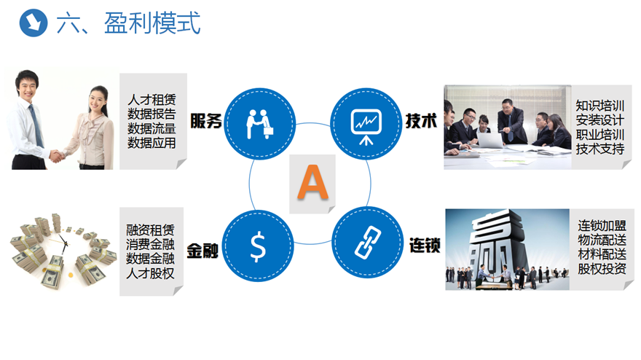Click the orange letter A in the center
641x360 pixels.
click(x=312, y=182)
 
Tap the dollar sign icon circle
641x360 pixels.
click(x=258, y=246)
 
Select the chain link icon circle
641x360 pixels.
click(x=367, y=243)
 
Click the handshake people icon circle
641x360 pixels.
click(x=259, y=124)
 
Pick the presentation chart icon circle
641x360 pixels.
click(x=366, y=124)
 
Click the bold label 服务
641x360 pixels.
click(x=205, y=121)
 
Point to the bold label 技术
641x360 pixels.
click(x=421, y=121)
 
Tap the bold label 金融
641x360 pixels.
click(x=202, y=251)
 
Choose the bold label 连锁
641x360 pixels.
click(x=425, y=245)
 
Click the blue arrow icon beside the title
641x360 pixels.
click(x=34, y=23)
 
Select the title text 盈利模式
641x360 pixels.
click(x=152, y=23)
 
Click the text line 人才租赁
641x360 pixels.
click(x=152, y=99)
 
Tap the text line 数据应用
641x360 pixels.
click(x=152, y=143)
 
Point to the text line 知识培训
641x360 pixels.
click(x=600, y=106)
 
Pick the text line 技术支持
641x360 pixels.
click(x=600, y=149)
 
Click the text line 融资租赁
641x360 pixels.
click(x=151, y=230)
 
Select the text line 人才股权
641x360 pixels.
click(x=151, y=273)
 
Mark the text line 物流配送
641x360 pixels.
click(x=602, y=240)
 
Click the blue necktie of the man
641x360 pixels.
click(x=36, y=125)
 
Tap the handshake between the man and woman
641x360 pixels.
click(x=58, y=155)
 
